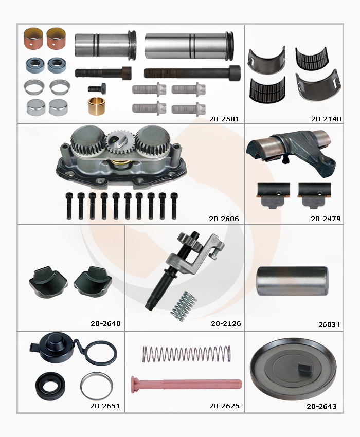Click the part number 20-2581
[x=224, y=119]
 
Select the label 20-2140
[x=326, y=119]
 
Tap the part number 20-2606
[x=224, y=219]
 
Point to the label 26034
[x=329, y=325]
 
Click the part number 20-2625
[x=224, y=406]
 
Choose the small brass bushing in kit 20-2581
[x=96, y=106]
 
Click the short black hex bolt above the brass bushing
[x=97, y=88]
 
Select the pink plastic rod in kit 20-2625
[x=186, y=384]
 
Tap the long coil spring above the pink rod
[x=187, y=354]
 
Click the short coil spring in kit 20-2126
[x=184, y=306]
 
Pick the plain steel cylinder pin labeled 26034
[x=293, y=281]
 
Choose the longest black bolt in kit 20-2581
[x=192, y=72]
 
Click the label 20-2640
[x=105, y=323]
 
